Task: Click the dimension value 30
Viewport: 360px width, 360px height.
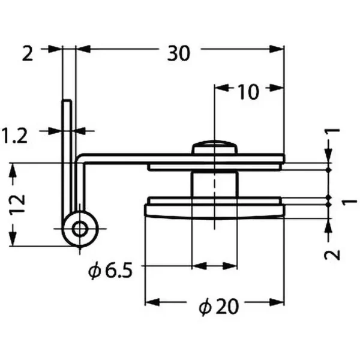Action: (x=179, y=53)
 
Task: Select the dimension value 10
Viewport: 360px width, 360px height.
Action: (x=249, y=92)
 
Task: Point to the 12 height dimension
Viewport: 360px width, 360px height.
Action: (x=17, y=204)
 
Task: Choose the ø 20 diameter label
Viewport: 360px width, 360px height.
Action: (x=218, y=307)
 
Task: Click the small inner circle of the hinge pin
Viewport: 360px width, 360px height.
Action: (x=80, y=229)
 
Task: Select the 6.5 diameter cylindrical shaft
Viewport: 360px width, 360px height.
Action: (x=214, y=184)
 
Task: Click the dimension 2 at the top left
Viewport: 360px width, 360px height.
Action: (x=28, y=53)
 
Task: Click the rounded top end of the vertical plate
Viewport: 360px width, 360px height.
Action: (x=67, y=101)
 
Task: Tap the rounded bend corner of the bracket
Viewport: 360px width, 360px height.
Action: (x=79, y=158)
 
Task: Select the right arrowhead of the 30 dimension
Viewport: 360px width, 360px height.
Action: (x=277, y=49)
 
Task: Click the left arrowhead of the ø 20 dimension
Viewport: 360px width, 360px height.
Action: (x=152, y=302)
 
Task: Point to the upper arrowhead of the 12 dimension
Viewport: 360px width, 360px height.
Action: (x=13, y=170)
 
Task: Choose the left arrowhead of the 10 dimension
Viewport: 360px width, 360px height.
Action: (x=221, y=88)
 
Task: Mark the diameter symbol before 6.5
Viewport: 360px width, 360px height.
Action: (x=94, y=271)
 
